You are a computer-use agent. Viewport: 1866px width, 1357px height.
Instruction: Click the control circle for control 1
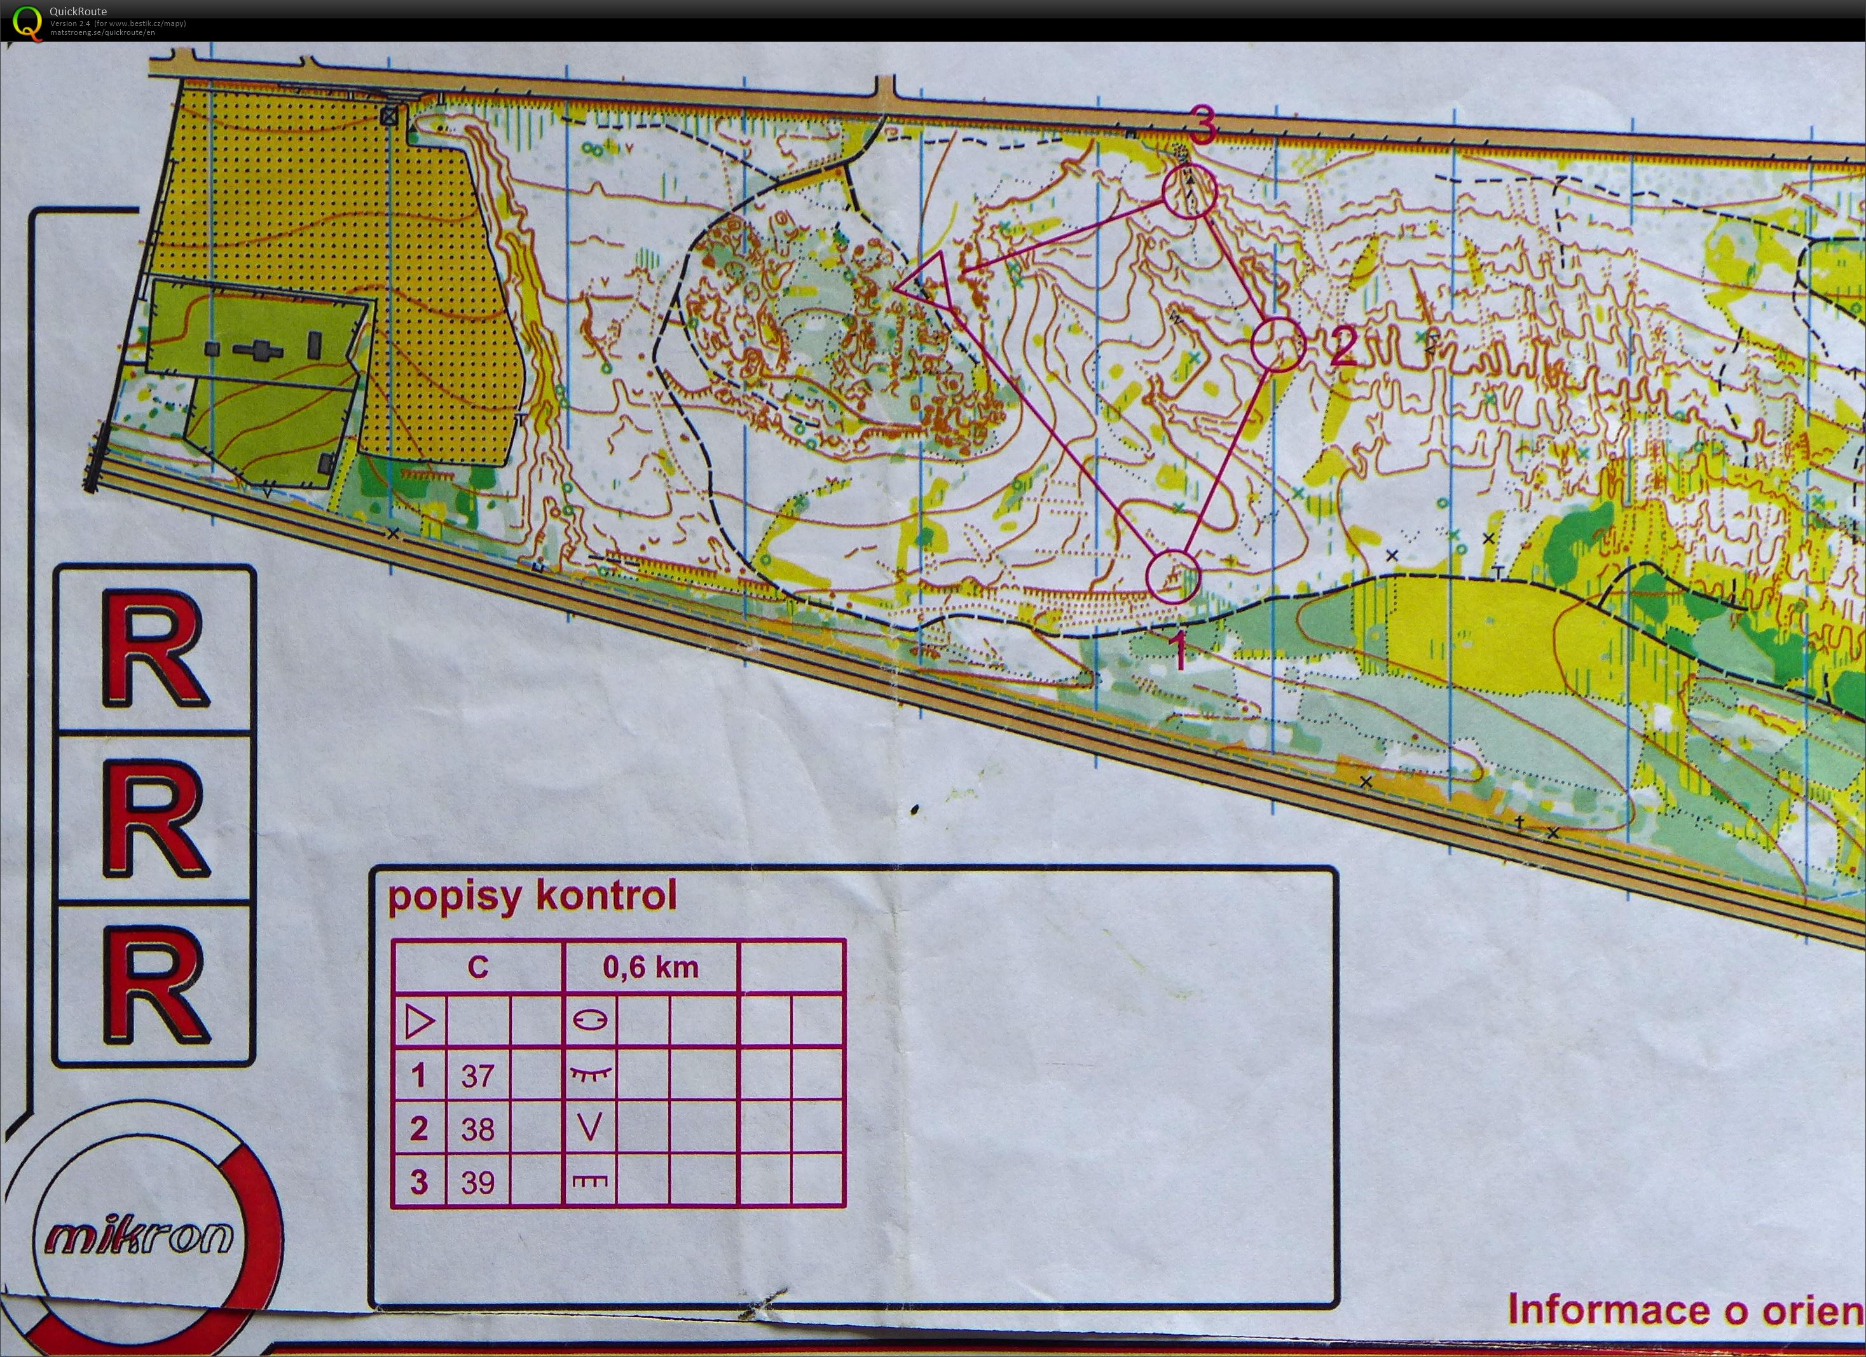[x=1172, y=576]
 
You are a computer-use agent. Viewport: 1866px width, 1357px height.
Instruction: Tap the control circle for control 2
[x=1278, y=344]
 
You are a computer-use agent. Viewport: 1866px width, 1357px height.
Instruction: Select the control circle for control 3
[x=1189, y=191]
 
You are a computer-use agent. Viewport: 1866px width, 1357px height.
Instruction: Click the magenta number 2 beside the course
[x=1343, y=346]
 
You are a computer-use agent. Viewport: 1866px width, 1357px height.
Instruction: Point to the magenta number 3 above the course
[x=1202, y=128]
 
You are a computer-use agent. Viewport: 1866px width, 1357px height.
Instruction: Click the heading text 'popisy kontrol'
[x=532, y=896]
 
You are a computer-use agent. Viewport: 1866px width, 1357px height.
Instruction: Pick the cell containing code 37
[x=477, y=1075]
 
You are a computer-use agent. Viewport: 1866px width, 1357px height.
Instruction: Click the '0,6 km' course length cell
[x=651, y=967]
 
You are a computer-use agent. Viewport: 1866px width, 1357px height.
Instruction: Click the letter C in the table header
[x=478, y=967]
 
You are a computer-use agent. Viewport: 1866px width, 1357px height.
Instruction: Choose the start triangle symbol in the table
[x=420, y=1022]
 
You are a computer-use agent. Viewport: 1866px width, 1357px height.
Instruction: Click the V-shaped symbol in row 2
[x=590, y=1127]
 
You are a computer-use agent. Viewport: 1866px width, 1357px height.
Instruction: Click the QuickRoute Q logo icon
[x=26, y=22]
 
